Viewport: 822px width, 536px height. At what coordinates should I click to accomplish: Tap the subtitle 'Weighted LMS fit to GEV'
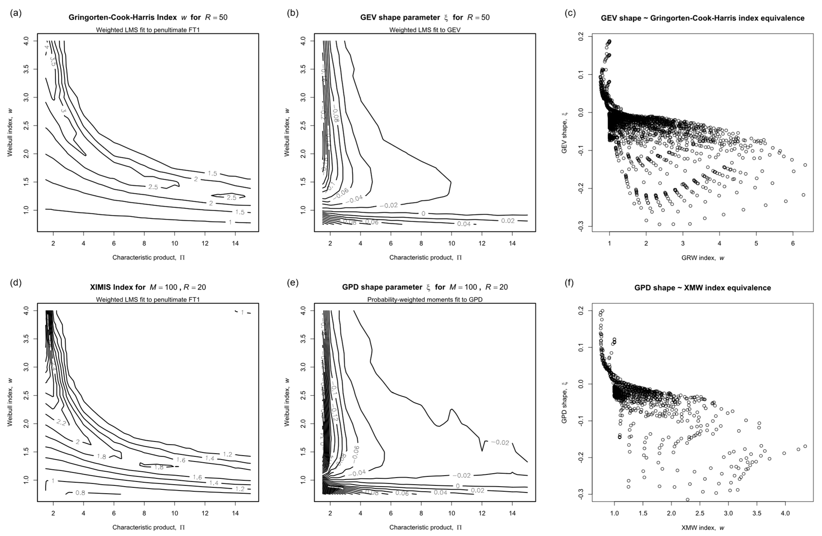click(425, 30)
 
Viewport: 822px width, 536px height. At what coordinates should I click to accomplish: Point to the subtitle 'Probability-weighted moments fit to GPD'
click(425, 300)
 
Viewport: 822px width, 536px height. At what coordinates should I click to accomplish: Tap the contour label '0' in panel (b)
click(423, 214)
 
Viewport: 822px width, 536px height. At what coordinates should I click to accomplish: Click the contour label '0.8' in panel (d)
click(80, 493)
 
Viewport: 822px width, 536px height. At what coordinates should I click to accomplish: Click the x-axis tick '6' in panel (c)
click(793, 243)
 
